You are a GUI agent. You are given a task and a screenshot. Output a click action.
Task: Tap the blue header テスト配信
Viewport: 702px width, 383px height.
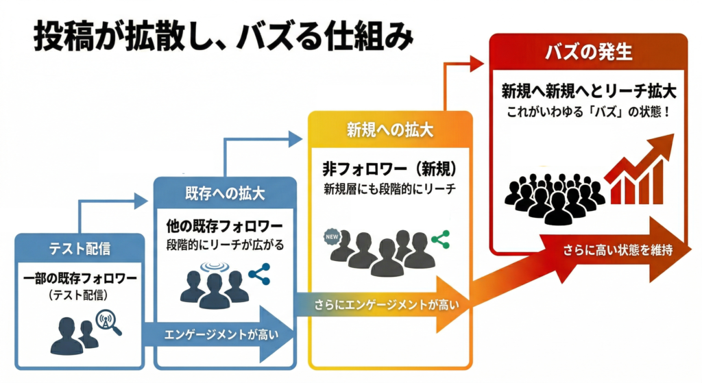click(79, 248)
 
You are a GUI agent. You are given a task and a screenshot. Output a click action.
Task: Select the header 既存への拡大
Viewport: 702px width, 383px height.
click(225, 194)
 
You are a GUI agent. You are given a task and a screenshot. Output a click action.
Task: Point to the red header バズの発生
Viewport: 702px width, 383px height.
click(588, 51)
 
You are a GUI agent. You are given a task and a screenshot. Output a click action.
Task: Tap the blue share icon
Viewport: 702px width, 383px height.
click(259, 275)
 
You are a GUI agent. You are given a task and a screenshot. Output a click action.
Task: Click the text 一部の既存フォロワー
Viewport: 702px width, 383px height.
click(79, 279)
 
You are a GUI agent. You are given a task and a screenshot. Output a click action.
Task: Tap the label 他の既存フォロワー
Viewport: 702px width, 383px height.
click(225, 225)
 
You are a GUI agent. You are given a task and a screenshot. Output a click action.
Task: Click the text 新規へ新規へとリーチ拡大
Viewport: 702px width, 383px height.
click(588, 90)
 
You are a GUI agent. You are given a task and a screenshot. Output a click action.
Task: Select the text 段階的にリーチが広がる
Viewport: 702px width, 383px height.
click(225, 245)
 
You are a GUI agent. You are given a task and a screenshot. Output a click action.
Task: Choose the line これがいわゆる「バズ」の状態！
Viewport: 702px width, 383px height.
click(588, 110)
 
